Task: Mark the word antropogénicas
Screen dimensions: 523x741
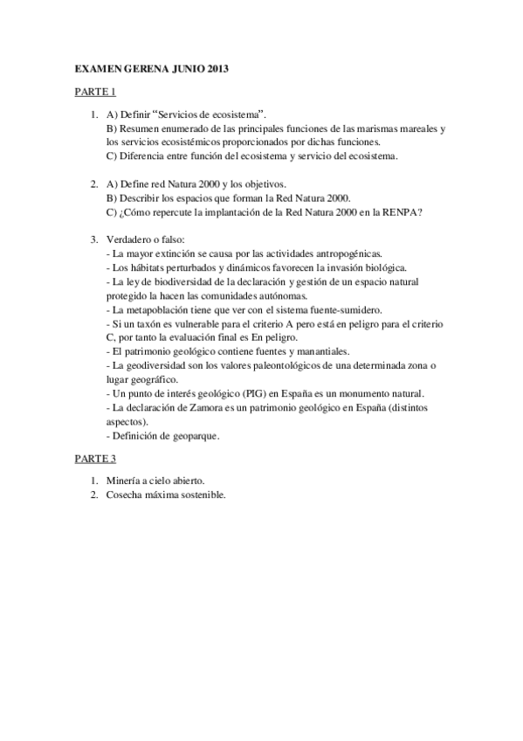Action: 337,253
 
